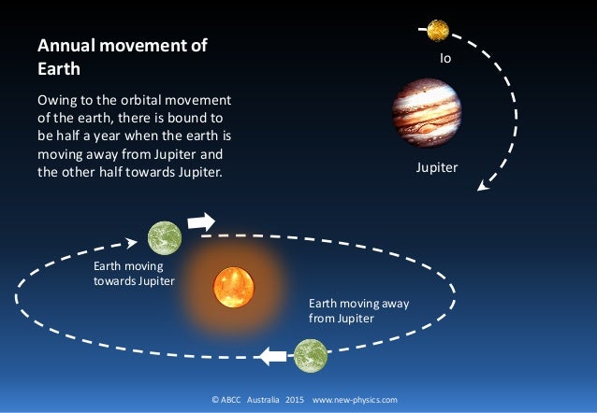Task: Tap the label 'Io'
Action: pos(445,58)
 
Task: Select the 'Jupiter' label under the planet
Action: pos(437,169)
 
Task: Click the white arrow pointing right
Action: pos(201,222)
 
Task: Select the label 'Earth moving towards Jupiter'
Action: pos(133,274)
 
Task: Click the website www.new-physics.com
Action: pos(355,400)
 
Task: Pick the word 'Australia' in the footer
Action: pos(263,400)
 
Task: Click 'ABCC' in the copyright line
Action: pos(230,400)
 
